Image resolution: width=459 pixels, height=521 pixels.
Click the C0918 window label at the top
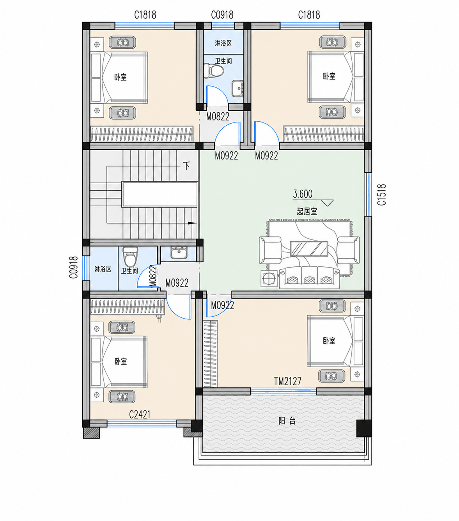pos(222,15)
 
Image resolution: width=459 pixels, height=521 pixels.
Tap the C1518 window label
pos(382,195)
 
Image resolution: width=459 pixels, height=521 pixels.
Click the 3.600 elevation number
pos(303,194)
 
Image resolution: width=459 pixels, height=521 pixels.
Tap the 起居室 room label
pos(307,212)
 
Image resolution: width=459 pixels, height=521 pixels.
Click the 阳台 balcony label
pos(287,421)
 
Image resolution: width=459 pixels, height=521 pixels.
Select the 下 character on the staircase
pos(187,166)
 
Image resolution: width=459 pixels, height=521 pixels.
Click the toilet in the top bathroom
pos(214,71)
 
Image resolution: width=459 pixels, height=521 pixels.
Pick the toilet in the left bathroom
pos(130,257)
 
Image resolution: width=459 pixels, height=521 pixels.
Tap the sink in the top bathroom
pos(237,89)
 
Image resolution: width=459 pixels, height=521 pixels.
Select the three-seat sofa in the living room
pos(309,278)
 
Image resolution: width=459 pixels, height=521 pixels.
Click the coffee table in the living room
pos(309,249)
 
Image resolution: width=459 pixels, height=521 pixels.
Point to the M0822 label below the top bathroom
pos(218,117)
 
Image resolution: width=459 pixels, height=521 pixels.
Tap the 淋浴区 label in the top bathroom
pos(223,43)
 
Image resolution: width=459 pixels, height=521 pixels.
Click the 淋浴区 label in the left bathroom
pos(103,269)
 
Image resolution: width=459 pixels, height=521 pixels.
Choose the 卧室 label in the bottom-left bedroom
pos(121,361)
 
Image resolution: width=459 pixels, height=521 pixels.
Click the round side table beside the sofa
pos(269,278)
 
